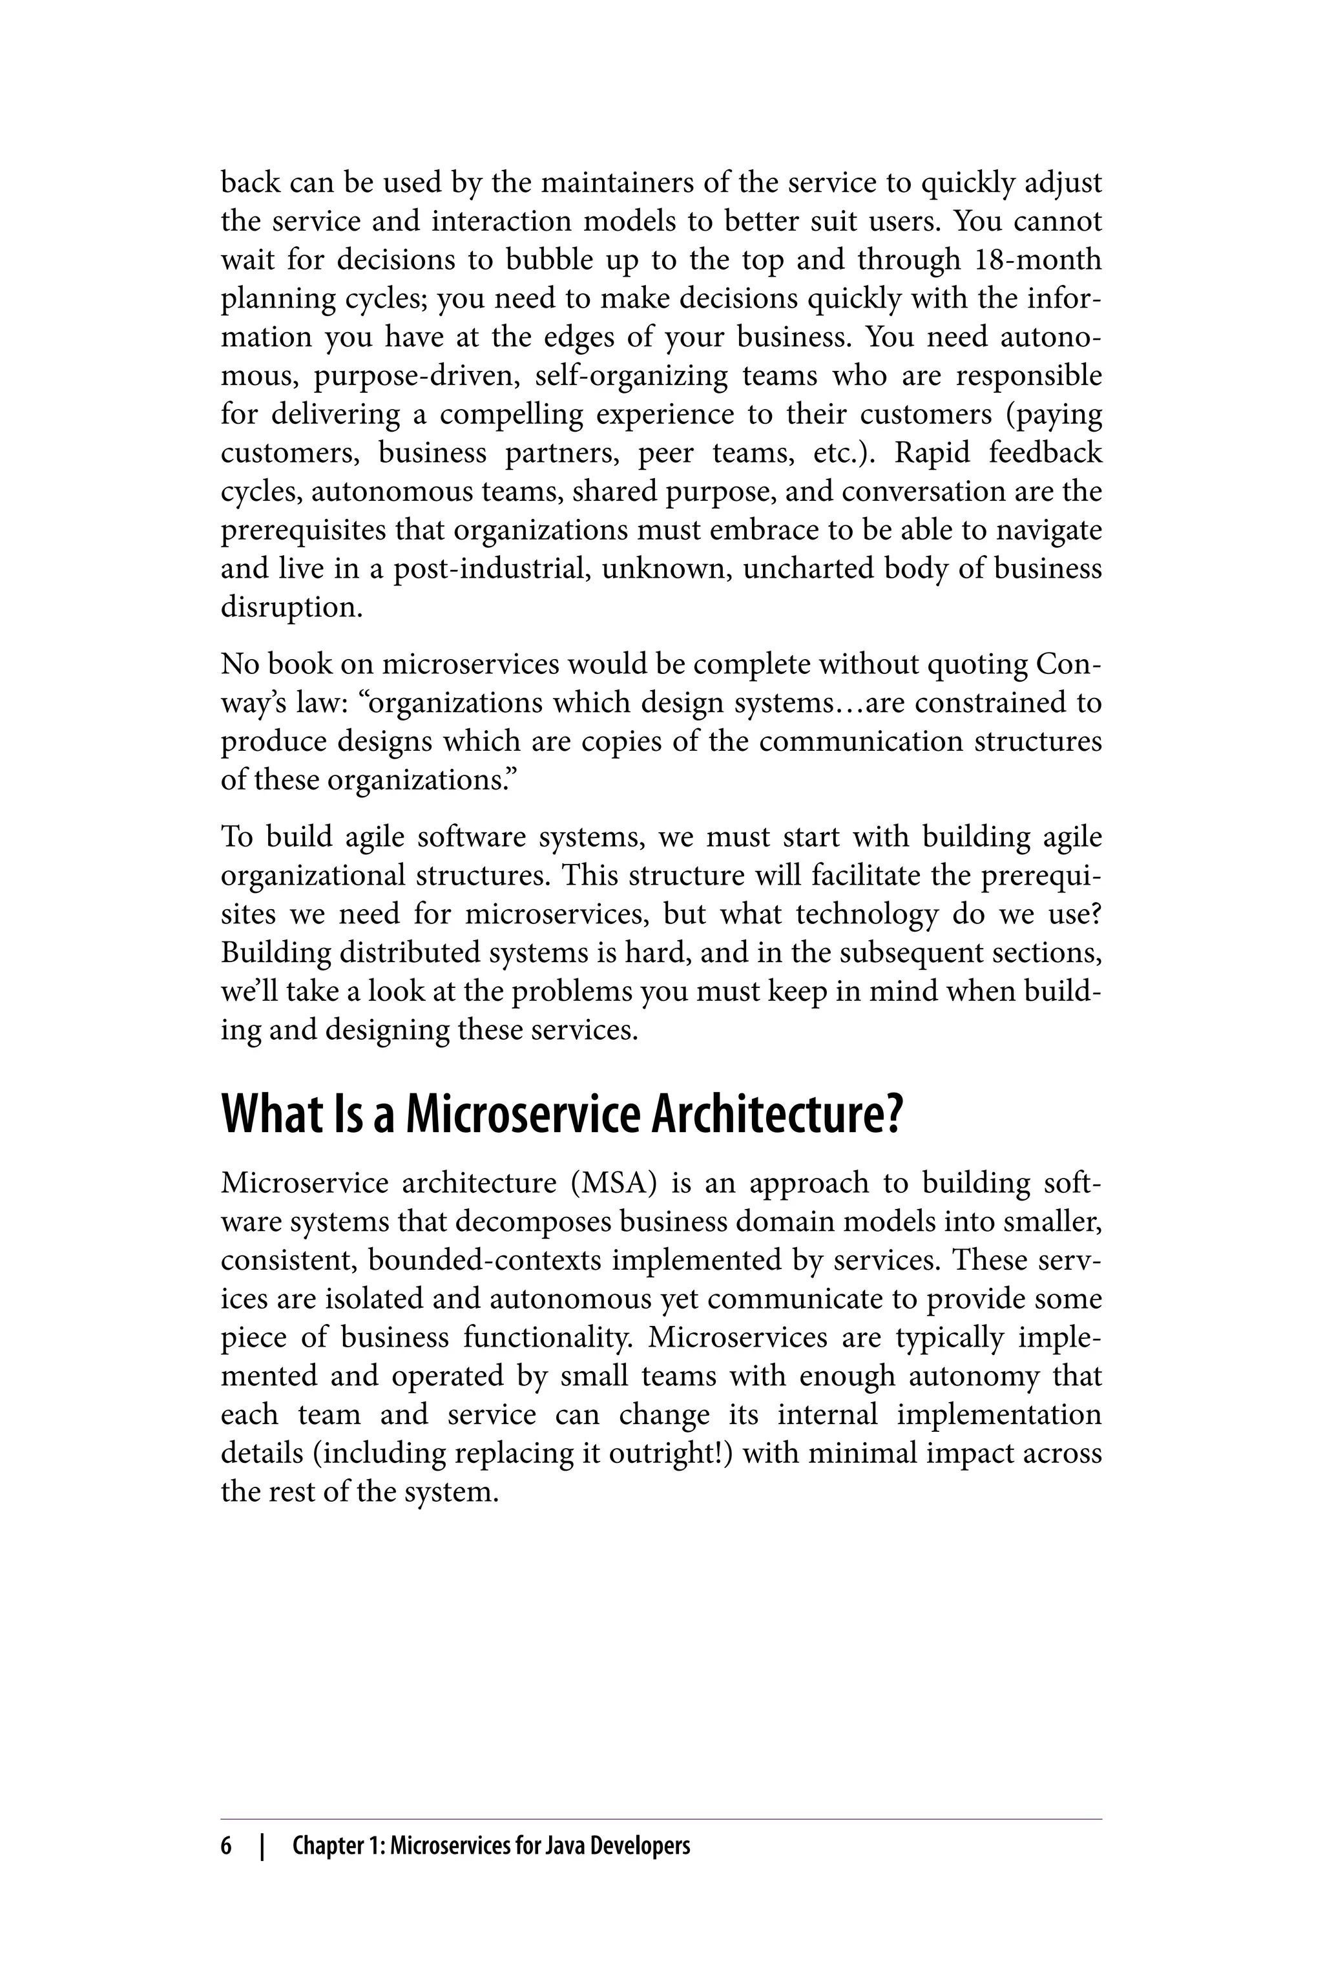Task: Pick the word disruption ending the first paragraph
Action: (x=291, y=607)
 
